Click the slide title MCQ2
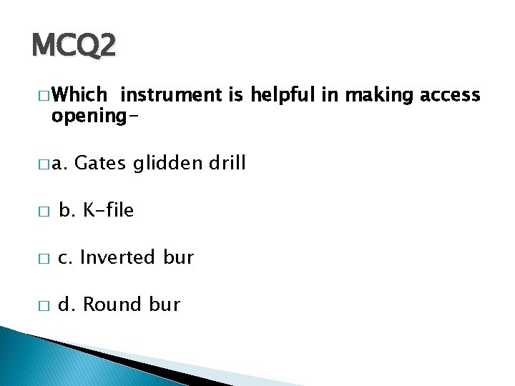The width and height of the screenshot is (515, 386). (73, 46)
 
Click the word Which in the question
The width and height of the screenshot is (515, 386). (79, 95)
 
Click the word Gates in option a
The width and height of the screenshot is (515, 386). (97, 164)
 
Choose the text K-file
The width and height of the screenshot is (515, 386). (108, 211)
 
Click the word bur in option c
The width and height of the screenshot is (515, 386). (178, 257)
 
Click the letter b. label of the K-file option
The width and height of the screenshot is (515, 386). (67, 211)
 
